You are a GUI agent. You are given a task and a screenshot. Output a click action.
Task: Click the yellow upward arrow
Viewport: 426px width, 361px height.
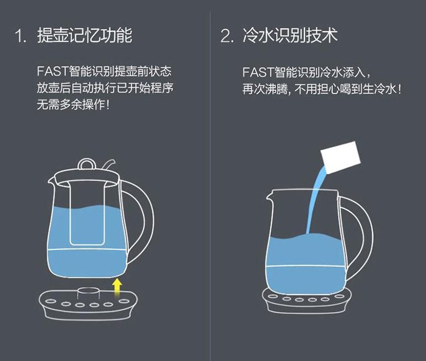(x=117, y=287)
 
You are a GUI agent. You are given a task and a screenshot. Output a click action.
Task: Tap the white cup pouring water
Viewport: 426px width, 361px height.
(x=341, y=157)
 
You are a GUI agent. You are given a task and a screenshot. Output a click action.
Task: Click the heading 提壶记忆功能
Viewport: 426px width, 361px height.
(x=85, y=35)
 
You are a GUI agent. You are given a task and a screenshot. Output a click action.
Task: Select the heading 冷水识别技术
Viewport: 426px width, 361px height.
(x=290, y=35)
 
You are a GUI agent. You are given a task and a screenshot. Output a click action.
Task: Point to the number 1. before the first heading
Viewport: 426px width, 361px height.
(x=21, y=36)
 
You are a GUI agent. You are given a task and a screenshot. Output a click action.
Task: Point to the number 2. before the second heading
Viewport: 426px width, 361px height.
(x=227, y=36)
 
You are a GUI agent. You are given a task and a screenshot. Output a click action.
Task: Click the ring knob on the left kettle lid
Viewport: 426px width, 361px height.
(x=87, y=164)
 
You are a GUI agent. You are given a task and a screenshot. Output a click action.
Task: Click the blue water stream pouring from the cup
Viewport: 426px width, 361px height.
(x=315, y=201)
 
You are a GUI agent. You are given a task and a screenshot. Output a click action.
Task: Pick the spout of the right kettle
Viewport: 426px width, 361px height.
(x=269, y=196)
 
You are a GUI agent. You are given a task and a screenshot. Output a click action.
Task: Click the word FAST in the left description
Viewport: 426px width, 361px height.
(x=52, y=72)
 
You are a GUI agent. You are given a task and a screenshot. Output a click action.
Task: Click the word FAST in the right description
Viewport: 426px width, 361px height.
(x=258, y=72)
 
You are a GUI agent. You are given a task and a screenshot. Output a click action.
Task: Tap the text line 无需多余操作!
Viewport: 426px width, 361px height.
(x=73, y=105)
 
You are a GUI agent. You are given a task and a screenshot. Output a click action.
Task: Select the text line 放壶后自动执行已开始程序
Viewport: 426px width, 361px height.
(x=105, y=88)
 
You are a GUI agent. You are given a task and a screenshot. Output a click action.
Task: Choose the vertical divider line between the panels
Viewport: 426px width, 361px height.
(x=210, y=186)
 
